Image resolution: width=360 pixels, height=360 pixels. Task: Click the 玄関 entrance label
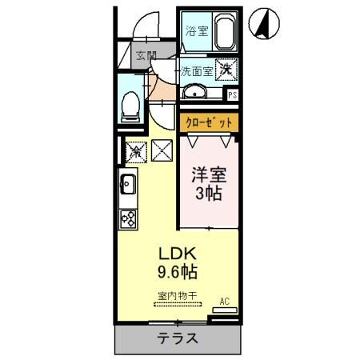click(145, 56)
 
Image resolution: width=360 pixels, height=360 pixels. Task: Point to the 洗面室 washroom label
click(196, 70)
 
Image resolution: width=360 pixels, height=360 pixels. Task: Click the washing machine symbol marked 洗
click(226, 70)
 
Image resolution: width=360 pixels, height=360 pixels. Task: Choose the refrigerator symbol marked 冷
click(136, 149)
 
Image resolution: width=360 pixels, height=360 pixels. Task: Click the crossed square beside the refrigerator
click(163, 149)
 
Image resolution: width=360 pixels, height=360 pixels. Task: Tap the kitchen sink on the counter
click(128, 186)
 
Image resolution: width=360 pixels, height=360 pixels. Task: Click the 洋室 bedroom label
click(208, 174)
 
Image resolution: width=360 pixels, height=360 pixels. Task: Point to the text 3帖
click(208, 194)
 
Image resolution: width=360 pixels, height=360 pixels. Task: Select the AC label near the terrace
click(224, 302)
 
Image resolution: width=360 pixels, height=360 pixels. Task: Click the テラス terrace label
click(178, 338)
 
